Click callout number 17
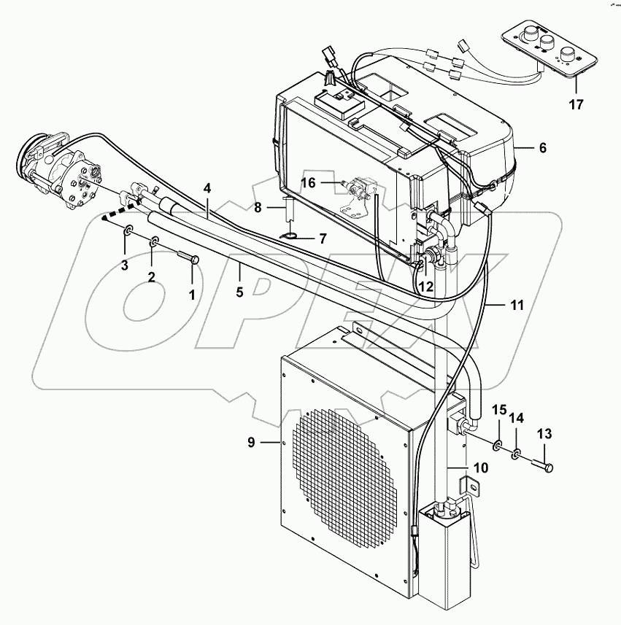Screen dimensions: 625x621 (576, 104)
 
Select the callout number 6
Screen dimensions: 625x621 (541, 147)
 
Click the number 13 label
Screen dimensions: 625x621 (543, 434)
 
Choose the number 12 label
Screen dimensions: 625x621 (425, 287)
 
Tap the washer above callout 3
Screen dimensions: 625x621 (128, 232)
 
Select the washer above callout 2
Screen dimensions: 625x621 (155, 243)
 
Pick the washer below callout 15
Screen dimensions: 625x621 (497, 446)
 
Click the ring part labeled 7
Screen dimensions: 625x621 (288, 236)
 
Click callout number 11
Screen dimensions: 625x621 (517, 306)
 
